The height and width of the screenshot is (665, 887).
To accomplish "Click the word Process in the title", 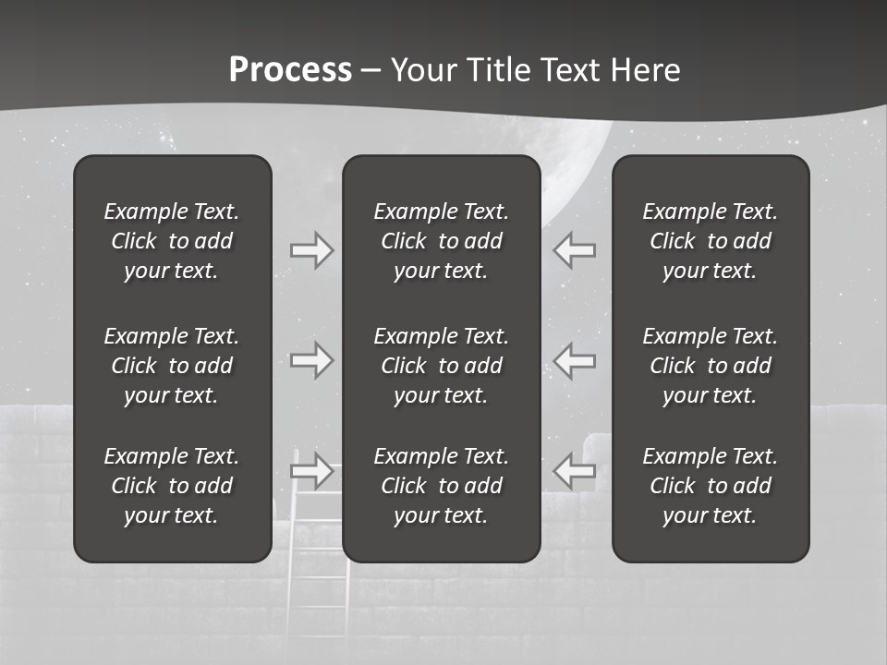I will point(290,70).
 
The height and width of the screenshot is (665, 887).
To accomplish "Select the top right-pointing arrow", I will point(312,250).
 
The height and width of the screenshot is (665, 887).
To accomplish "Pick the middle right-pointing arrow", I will point(312,360).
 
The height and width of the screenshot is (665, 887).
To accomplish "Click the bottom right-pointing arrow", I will point(312,470).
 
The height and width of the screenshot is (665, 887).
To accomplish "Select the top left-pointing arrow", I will point(574,250).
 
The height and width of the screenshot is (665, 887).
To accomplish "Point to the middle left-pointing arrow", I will point(574,360).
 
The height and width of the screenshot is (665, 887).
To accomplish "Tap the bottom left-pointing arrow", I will point(574,470).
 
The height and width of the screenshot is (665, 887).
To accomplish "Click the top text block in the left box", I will point(172,241).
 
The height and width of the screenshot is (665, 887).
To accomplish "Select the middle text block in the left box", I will point(172,366).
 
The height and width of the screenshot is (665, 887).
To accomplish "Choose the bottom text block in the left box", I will point(172,486).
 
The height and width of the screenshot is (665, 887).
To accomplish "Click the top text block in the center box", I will point(441,241).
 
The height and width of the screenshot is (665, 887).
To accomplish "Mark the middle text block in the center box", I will point(441,366).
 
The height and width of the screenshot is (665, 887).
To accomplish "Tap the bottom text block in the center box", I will point(441,486).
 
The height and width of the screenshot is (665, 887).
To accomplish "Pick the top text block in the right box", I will point(710,241).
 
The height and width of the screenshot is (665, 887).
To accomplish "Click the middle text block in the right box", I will point(710,366).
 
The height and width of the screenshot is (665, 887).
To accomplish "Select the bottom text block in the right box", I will point(710,486).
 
